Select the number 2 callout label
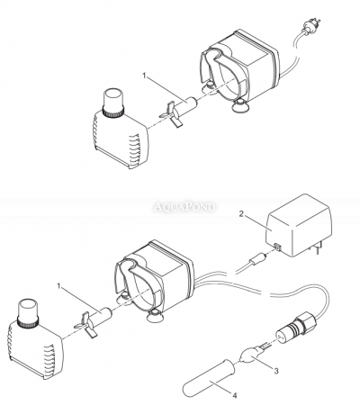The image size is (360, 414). point(240,215)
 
